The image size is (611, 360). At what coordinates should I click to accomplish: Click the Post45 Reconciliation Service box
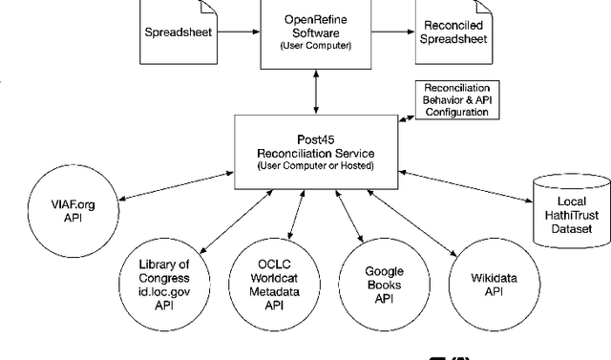[314, 146]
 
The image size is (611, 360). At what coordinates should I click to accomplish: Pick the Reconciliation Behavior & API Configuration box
[456, 98]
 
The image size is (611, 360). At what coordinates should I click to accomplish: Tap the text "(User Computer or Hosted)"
[314, 167]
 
